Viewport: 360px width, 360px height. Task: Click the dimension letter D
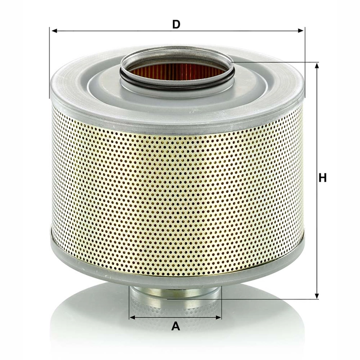(x=176, y=24)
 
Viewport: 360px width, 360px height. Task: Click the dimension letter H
(x=322, y=178)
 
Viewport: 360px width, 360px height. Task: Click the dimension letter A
(x=176, y=326)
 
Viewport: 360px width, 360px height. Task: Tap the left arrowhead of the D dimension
(x=53, y=31)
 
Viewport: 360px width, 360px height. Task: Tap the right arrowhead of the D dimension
(x=302, y=31)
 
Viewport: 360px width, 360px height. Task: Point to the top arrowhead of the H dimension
(x=316, y=65)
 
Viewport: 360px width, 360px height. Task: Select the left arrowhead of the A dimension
(x=132, y=317)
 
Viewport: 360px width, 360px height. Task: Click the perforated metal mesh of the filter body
(x=175, y=195)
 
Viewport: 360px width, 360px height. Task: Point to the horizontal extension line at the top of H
(x=278, y=63)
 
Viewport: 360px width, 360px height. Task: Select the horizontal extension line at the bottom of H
(x=267, y=299)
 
